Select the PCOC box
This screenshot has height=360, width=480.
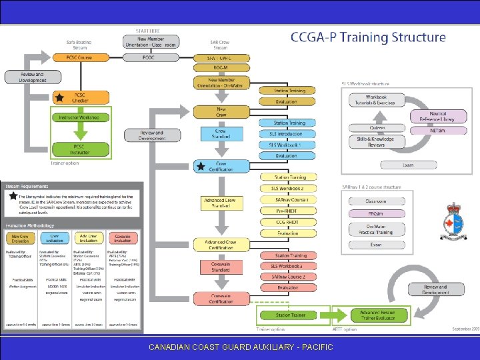[148, 57]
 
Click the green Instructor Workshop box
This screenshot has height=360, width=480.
[79, 117]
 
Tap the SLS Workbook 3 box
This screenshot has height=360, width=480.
[287, 266]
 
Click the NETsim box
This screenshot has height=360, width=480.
[437, 131]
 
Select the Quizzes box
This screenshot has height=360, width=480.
[377, 129]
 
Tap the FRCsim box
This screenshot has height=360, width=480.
[377, 213]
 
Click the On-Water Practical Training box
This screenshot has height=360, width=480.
[377, 229]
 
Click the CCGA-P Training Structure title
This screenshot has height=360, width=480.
[368, 37]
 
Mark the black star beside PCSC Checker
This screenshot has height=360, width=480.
[59, 98]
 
